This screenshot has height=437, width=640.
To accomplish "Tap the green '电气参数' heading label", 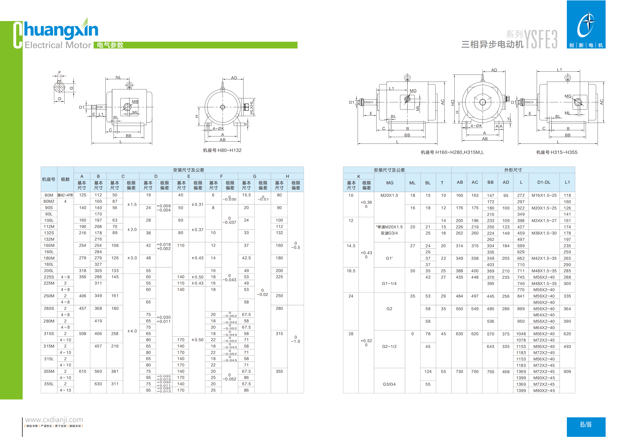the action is click(110, 45).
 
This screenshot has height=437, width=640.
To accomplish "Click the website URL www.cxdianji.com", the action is click(54, 420).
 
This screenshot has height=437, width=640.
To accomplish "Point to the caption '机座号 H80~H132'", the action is click(222, 150).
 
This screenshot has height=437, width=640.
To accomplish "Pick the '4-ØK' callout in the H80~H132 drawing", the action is click(218, 129).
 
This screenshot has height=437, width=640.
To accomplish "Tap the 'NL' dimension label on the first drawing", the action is click(118, 77).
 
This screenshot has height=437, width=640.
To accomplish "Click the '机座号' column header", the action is click(48, 179).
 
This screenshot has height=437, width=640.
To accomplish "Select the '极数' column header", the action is click(65, 179).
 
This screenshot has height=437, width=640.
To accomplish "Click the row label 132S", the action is click(49, 233).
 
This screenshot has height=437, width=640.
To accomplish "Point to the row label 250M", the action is click(49, 296).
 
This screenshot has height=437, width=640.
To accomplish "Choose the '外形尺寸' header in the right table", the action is click(513, 170).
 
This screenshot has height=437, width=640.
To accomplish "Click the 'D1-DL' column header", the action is click(544, 182).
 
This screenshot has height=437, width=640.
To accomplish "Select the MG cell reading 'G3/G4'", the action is click(389, 384).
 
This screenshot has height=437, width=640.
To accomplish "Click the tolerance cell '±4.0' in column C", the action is click(132, 331).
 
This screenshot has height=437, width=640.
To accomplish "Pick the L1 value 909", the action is click(567, 371).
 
